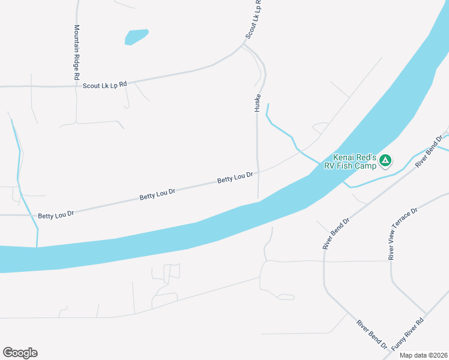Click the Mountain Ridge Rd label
(x=77, y=53)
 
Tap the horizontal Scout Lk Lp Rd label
(x=105, y=85)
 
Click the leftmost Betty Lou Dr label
(x=56, y=214)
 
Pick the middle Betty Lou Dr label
(x=157, y=194)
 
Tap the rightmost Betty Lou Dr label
(x=235, y=178)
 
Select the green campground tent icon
(x=385, y=160)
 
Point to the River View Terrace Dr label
(x=403, y=235)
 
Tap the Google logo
(x=20, y=353)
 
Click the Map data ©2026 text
(x=423, y=355)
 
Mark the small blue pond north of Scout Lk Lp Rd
(x=136, y=37)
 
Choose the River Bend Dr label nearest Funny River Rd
(x=371, y=334)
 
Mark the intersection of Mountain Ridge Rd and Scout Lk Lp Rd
(x=77, y=86)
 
